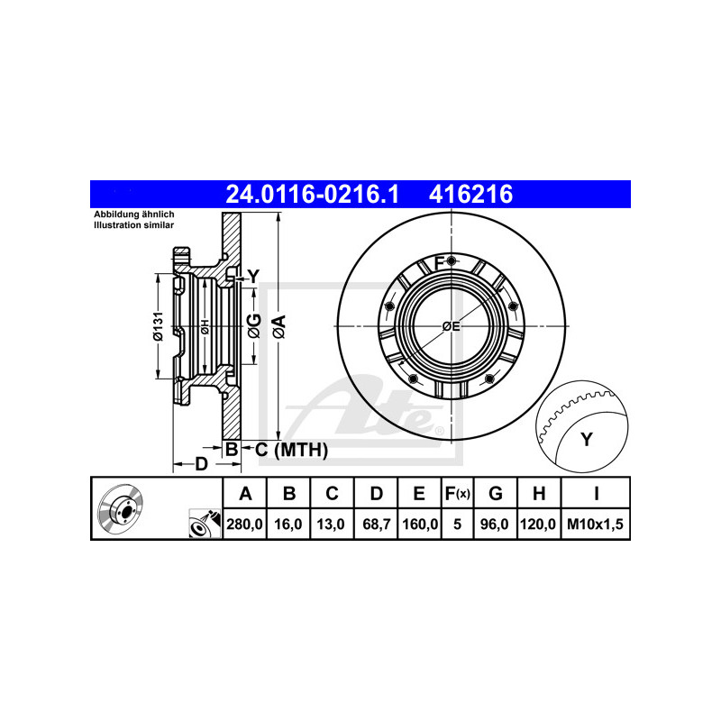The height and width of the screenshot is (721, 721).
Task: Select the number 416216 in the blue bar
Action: point(474,193)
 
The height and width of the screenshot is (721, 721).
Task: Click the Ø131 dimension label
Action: point(158,326)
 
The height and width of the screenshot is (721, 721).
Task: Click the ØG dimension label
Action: point(255,326)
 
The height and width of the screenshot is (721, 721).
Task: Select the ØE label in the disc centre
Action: point(451,327)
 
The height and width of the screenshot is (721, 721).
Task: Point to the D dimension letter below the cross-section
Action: point(202,464)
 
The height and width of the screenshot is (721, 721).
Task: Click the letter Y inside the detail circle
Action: point(587,440)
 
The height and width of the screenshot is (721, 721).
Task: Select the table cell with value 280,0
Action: point(243,523)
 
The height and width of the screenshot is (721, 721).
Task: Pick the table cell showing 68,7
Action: point(377,523)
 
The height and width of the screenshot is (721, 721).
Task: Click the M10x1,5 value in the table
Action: point(596,523)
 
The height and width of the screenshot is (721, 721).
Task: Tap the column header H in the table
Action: point(539,493)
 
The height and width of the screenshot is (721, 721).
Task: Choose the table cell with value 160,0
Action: point(419,523)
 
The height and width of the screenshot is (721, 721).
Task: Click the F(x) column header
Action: point(458,493)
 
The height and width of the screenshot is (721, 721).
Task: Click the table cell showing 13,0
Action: point(332,523)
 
